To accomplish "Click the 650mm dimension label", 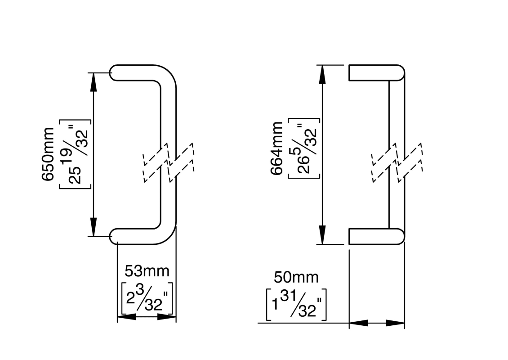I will (48, 153).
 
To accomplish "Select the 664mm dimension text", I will (277, 149).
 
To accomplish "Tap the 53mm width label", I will (147, 271).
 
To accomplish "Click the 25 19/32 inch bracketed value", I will (76, 153).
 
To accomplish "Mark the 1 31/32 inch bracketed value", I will (296, 305).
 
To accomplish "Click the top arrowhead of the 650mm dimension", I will (94, 81).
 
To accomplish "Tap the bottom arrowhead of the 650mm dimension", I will (94, 227).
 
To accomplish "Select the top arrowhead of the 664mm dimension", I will (322, 74).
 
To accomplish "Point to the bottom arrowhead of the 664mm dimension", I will (322, 235).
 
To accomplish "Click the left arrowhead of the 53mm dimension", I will (126, 317).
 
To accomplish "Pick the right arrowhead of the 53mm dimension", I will (166, 317).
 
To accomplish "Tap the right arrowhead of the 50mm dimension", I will (395, 323).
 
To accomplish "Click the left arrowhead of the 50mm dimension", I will (359, 323).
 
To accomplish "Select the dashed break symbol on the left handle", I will (168, 162).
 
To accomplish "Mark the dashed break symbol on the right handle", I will (397, 162).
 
